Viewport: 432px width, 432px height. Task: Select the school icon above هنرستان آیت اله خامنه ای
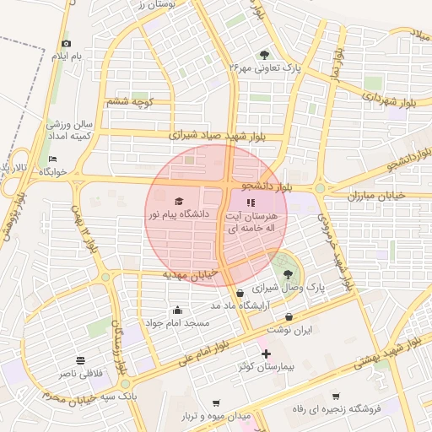(x=249, y=202)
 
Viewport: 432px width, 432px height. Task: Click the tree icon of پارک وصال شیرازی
(x=289, y=273)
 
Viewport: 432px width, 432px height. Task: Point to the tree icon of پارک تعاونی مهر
(x=267, y=54)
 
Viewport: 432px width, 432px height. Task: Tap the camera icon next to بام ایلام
(x=67, y=43)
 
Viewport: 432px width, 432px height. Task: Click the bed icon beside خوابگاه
(x=53, y=159)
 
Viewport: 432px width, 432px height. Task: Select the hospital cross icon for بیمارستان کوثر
(x=267, y=354)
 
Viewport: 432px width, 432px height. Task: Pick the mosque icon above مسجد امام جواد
(x=177, y=310)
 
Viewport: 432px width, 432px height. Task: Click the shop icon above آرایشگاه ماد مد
(x=240, y=292)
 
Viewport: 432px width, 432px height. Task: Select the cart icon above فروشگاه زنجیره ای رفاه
(x=335, y=396)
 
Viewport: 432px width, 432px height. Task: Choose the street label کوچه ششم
(x=128, y=103)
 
